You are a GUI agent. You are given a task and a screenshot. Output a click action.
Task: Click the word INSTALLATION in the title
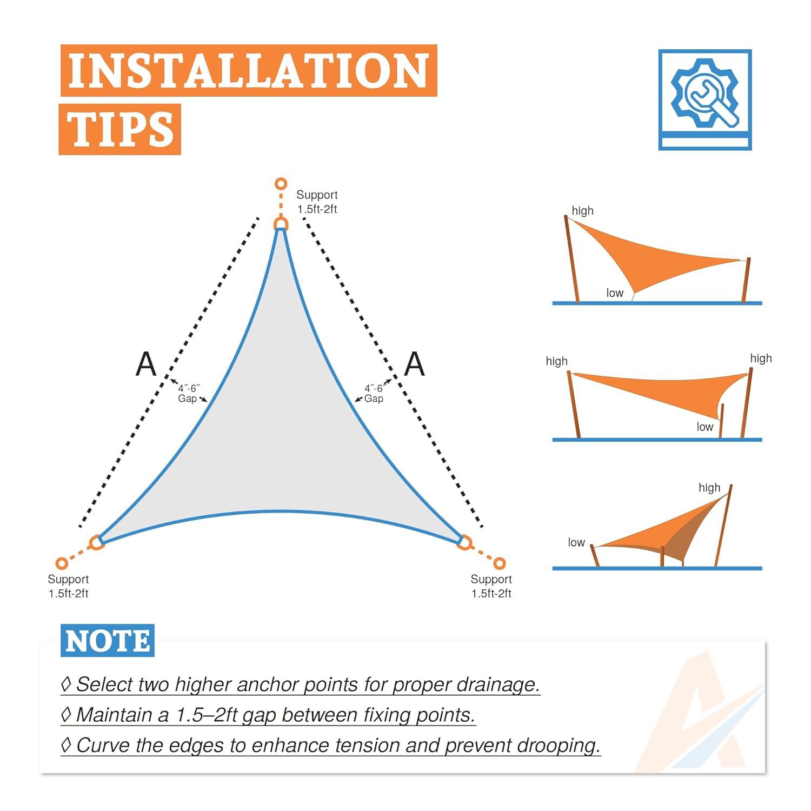(248, 71)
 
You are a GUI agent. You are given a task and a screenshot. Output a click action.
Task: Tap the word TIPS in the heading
(119, 130)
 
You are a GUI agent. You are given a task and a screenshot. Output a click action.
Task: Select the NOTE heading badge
(108, 641)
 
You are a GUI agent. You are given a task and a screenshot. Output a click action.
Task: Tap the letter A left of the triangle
(145, 364)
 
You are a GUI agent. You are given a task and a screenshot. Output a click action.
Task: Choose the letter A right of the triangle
(414, 364)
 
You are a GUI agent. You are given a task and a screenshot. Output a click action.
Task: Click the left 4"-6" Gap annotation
(189, 393)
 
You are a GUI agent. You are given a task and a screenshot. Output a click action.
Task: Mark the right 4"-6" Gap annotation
(374, 393)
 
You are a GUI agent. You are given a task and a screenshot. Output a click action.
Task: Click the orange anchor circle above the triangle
(281, 184)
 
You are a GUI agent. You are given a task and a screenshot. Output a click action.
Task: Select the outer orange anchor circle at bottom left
(62, 563)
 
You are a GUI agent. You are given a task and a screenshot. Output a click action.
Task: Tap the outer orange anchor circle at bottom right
(500, 563)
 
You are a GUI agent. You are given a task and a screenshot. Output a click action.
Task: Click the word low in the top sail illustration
(615, 293)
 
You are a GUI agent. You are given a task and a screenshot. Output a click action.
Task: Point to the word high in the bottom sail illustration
(709, 488)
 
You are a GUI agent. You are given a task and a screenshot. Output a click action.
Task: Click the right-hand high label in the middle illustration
(761, 358)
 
